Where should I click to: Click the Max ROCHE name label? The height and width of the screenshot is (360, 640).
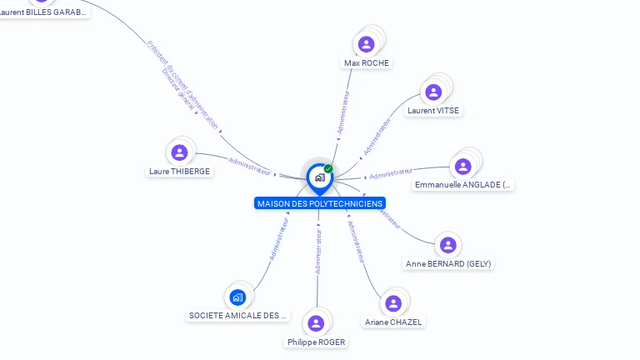click(367, 63)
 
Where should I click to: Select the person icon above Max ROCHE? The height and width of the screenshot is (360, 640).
click(366, 44)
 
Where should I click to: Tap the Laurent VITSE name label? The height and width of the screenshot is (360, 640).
click(432, 111)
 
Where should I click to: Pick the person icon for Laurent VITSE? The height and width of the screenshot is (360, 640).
click(433, 92)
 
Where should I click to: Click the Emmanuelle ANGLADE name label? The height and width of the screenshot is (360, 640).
click(463, 185)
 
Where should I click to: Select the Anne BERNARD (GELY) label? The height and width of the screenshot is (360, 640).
click(448, 264)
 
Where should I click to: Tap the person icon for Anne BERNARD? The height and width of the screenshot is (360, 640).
click(448, 245)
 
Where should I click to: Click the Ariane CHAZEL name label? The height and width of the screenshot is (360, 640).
click(393, 322)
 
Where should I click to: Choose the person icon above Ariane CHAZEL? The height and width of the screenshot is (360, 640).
click(393, 302)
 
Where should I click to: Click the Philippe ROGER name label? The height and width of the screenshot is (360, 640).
click(316, 342)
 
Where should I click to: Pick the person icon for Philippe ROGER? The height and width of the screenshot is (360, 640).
click(316, 323)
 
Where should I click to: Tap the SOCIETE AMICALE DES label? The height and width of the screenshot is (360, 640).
click(237, 316)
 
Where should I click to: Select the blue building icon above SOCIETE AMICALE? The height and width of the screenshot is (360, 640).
click(237, 297)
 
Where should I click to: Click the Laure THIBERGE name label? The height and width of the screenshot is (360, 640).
click(179, 172)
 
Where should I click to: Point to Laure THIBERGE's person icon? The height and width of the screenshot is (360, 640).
click(178, 152)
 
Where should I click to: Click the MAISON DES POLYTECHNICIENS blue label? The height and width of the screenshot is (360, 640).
click(320, 203)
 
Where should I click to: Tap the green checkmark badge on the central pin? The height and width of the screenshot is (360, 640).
click(328, 168)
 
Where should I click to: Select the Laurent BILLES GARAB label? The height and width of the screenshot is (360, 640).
click(43, 12)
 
